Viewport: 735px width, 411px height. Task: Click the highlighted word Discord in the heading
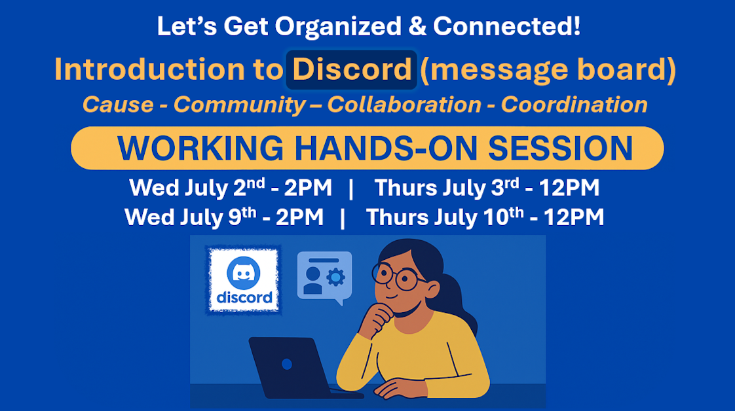351,70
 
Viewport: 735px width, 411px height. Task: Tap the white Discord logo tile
243,280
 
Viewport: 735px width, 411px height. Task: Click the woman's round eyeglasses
397,276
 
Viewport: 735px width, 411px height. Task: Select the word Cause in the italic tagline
117,105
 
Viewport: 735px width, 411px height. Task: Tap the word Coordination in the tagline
574,105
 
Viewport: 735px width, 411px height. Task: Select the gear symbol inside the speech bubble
335,277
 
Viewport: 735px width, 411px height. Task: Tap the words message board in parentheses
548,70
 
